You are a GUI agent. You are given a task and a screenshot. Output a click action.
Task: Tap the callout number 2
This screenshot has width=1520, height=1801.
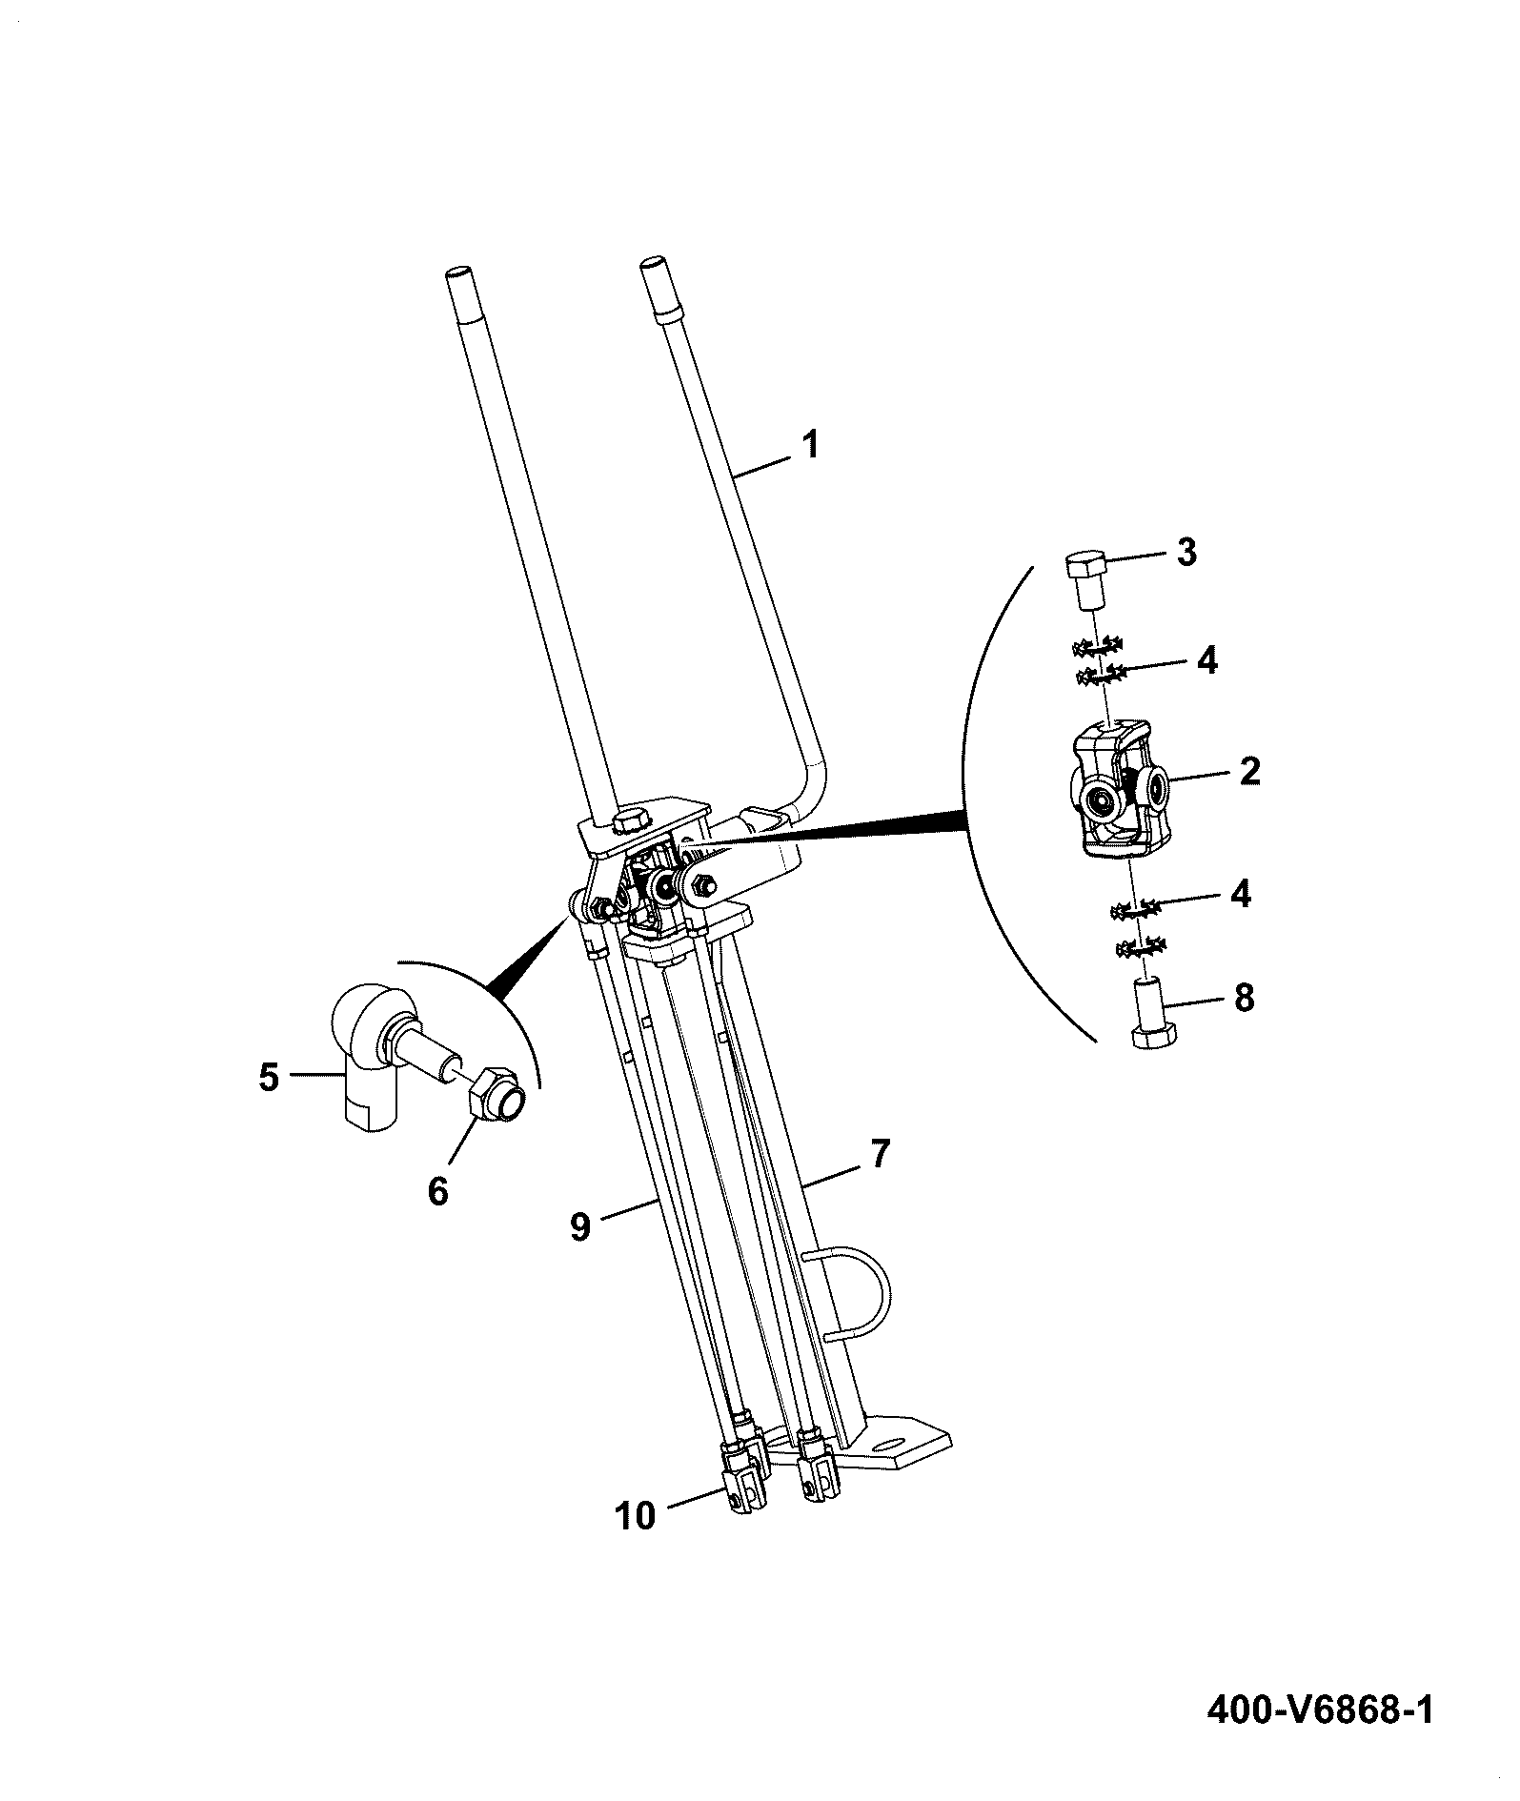[x=1248, y=771]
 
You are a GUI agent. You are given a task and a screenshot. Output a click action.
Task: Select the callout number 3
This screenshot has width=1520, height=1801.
[x=1186, y=553]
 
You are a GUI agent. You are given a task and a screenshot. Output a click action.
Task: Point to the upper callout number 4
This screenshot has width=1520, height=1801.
[x=1206, y=660]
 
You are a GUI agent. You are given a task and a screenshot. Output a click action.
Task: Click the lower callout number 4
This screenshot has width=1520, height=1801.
[x=1240, y=895]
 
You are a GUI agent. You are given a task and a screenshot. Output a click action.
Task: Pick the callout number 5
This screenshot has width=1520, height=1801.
[x=269, y=1077]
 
